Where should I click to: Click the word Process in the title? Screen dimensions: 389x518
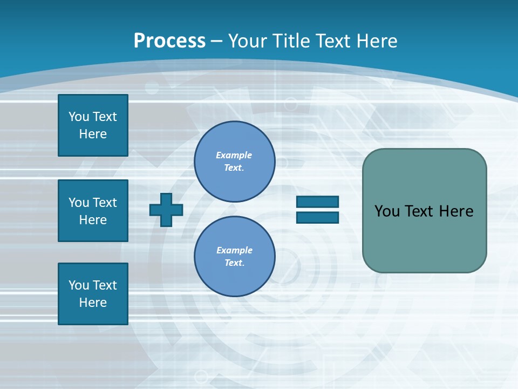click(169, 41)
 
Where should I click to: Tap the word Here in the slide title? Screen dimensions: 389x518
click(376, 41)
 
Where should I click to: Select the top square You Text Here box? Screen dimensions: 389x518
click(93, 125)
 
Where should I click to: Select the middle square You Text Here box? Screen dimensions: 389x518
click(93, 211)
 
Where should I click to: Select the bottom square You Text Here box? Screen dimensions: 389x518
click(93, 294)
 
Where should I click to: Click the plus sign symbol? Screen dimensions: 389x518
click(166, 210)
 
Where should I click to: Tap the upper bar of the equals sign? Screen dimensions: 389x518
click(317, 202)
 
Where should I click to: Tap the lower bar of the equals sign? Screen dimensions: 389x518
click(317, 218)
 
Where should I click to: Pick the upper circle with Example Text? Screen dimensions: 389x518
click(234, 162)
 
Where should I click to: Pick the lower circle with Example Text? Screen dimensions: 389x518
click(234, 256)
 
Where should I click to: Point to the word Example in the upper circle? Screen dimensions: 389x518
click(234, 155)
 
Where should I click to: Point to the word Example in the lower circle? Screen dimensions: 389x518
click(234, 250)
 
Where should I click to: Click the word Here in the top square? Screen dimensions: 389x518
click(93, 134)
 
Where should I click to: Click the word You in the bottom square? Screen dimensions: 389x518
click(79, 285)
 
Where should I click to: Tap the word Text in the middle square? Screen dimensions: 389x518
click(104, 203)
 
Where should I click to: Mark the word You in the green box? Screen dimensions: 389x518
click(387, 211)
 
